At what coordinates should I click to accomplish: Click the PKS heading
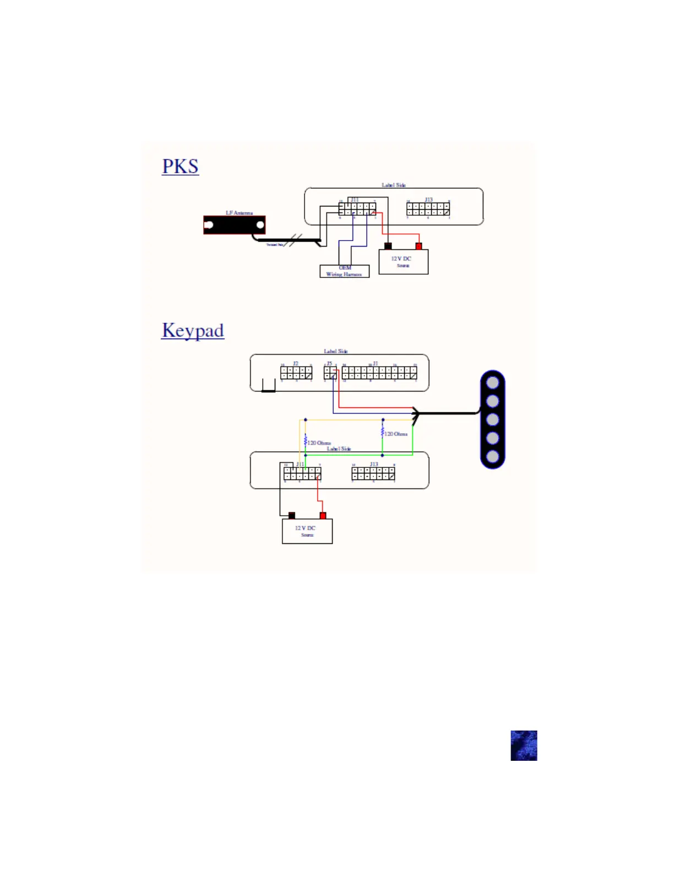click(180, 166)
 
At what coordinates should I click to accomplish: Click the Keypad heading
click(193, 330)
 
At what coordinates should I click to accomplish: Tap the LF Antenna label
click(239, 213)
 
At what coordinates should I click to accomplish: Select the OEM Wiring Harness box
click(344, 271)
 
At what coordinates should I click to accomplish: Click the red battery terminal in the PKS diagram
click(418, 246)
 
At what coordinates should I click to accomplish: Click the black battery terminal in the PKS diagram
click(388, 246)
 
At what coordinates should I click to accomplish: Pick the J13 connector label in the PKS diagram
click(428, 200)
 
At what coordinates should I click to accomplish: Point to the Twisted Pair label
click(275, 244)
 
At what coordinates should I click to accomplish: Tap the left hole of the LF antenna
click(209, 225)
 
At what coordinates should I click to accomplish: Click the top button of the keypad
click(493, 383)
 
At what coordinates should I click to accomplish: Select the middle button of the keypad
click(493, 419)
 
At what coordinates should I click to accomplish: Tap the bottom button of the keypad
click(493, 456)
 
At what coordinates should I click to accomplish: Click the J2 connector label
click(296, 364)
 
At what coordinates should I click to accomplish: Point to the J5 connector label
click(329, 364)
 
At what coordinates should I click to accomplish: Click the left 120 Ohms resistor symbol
click(305, 441)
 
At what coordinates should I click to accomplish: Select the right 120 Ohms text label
click(396, 434)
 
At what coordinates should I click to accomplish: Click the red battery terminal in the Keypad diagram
click(323, 516)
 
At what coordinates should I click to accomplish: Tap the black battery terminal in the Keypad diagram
click(292, 516)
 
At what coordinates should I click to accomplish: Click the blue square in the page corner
click(524, 745)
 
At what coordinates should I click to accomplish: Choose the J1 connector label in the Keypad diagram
click(376, 364)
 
